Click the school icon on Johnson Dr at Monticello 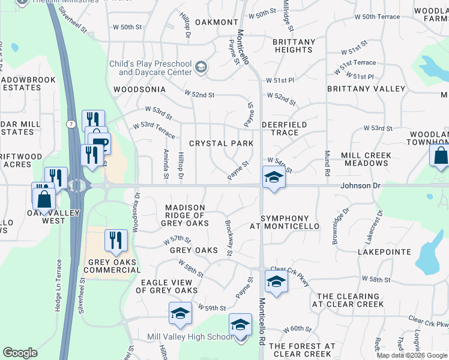[273, 178]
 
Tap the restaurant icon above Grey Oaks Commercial [113, 240]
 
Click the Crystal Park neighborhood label [221, 143]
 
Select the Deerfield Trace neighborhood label [284, 128]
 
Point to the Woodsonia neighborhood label [139, 89]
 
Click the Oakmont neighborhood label [217, 22]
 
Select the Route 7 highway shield [71, 124]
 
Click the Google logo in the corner [20, 353]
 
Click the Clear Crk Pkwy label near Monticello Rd [290, 272]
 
